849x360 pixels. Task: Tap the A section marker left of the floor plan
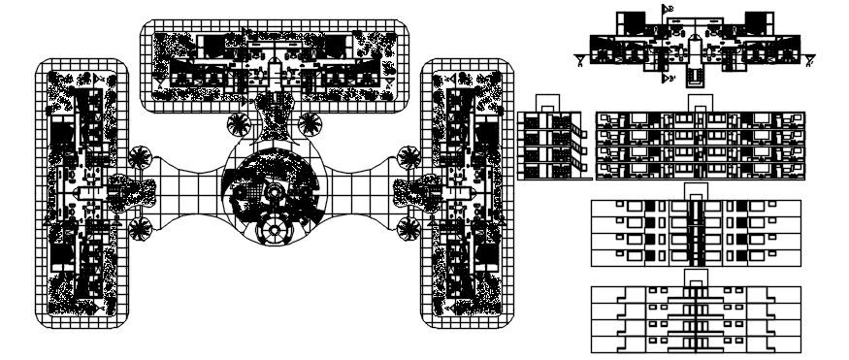tap(579, 60)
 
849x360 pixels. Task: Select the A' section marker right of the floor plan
tap(808, 60)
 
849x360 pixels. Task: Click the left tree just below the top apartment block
tap(237, 123)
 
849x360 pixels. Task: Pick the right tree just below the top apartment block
tap(310, 123)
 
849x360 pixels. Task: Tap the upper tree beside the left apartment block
tap(141, 156)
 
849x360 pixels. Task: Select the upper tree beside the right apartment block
tap(407, 156)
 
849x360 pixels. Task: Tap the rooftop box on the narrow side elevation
tap(549, 102)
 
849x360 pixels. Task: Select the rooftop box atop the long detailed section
tap(696, 102)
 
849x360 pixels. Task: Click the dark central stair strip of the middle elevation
tap(696, 233)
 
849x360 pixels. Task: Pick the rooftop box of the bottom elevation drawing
tap(696, 278)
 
